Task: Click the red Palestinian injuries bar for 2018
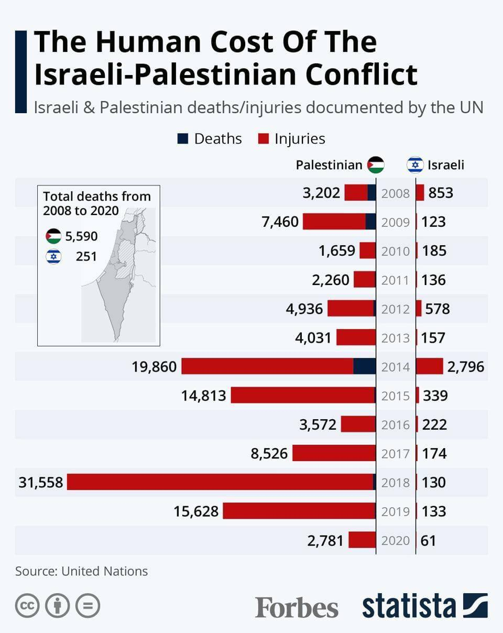click(x=220, y=482)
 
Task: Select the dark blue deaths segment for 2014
click(x=364, y=366)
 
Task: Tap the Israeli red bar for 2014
click(x=430, y=366)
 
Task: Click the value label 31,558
click(x=40, y=482)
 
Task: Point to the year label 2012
click(x=396, y=309)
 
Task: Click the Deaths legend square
click(x=182, y=139)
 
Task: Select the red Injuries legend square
click(x=264, y=139)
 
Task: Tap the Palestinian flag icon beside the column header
click(x=376, y=165)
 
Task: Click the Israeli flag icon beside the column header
click(x=415, y=165)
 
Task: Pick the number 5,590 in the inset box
click(x=81, y=236)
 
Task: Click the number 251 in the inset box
click(x=86, y=257)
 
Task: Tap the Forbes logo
click(x=297, y=607)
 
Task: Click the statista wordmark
click(x=409, y=606)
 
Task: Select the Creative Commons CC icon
click(x=27, y=606)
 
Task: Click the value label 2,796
click(x=466, y=366)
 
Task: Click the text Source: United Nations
click(x=81, y=571)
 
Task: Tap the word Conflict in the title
click(x=362, y=74)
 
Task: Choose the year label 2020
click(x=396, y=540)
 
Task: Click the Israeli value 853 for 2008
click(x=441, y=193)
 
